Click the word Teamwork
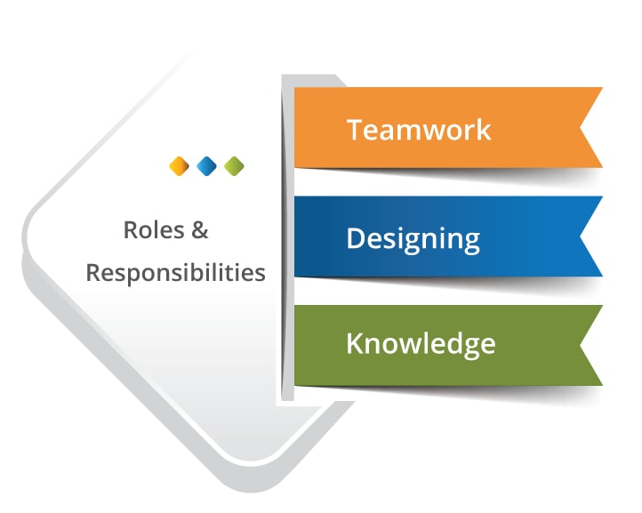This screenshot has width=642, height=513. pyautogui.click(x=419, y=130)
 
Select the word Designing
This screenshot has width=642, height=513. pyautogui.click(x=413, y=239)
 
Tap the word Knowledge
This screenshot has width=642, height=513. pyautogui.click(x=421, y=345)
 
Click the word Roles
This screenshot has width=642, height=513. pyautogui.click(x=154, y=229)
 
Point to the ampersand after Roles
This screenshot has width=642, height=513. pyautogui.click(x=200, y=229)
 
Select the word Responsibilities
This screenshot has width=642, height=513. pyautogui.click(x=176, y=273)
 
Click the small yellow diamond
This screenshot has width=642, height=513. pyautogui.click(x=180, y=166)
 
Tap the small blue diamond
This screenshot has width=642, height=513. pyautogui.click(x=207, y=166)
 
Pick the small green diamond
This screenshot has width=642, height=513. pyautogui.click(x=234, y=166)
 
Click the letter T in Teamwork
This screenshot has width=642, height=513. pyautogui.click(x=355, y=130)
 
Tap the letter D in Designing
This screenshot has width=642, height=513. pyautogui.click(x=356, y=237)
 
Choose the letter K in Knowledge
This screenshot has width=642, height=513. pyautogui.click(x=356, y=342)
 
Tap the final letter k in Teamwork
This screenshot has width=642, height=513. pyautogui.click(x=484, y=130)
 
